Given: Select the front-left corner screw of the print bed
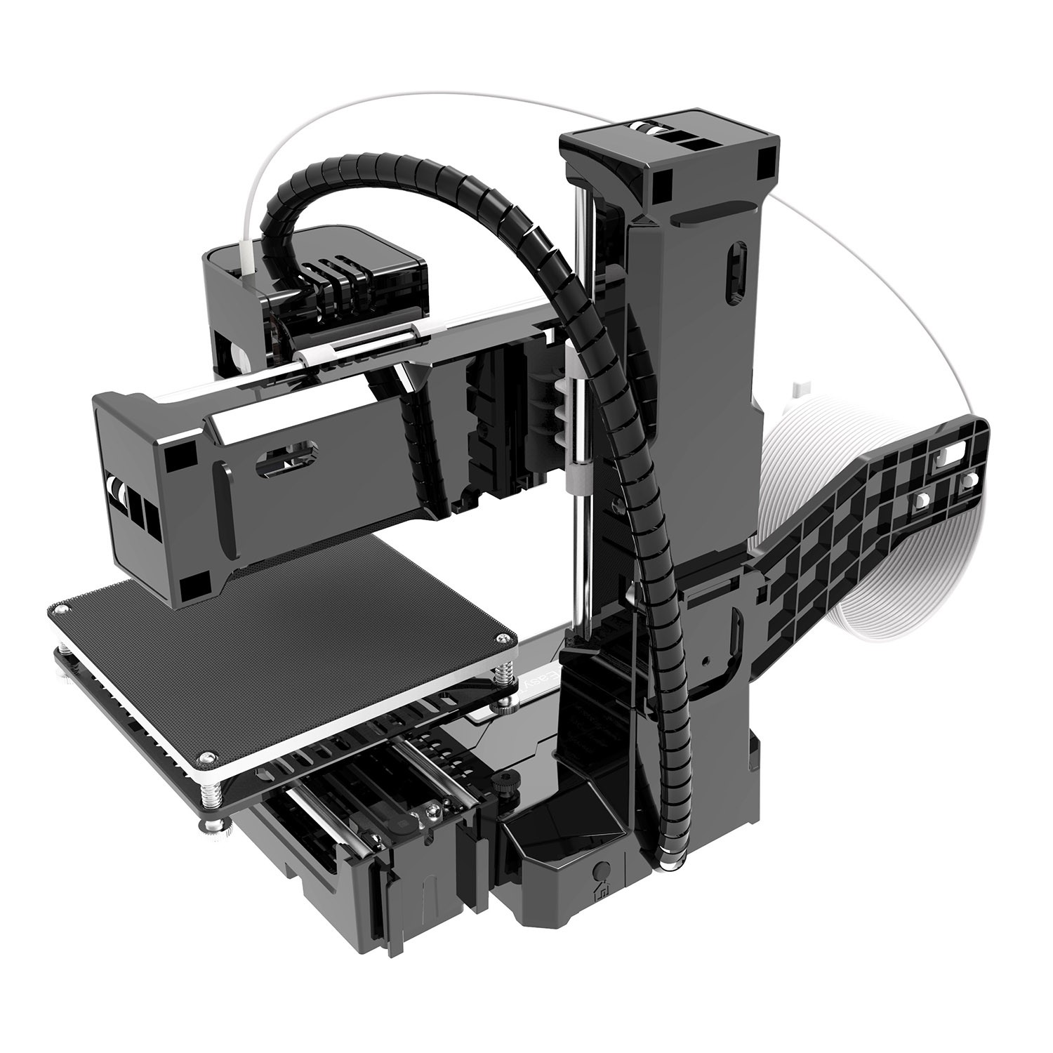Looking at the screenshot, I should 205,756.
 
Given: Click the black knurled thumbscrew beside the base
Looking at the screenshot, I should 503,784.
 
